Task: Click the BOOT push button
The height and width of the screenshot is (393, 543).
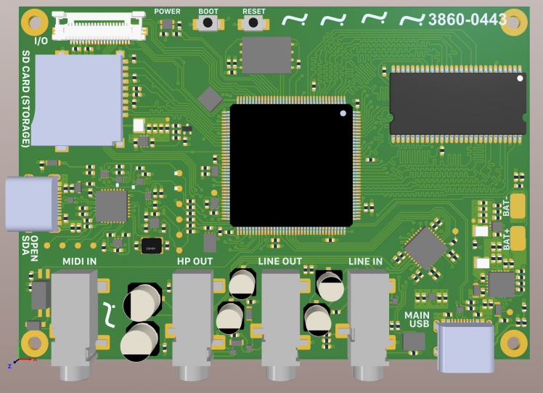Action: (x=208, y=23)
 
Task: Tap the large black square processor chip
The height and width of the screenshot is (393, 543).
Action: (x=291, y=166)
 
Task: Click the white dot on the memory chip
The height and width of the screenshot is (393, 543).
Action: (x=520, y=78)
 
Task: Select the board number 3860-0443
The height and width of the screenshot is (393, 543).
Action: (x=468, y=20)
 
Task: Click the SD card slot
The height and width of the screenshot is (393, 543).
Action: (x=78, y=100)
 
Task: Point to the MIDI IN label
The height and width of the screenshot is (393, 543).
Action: (x=79, y=262)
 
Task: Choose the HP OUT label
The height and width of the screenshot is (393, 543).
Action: (x=195, y=262)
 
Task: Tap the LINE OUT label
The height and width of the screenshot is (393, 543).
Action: (x=279, y=262)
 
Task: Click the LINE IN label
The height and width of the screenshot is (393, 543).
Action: (x=365, y=262)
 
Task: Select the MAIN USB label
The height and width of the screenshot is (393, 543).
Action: (x=417, y=320)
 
